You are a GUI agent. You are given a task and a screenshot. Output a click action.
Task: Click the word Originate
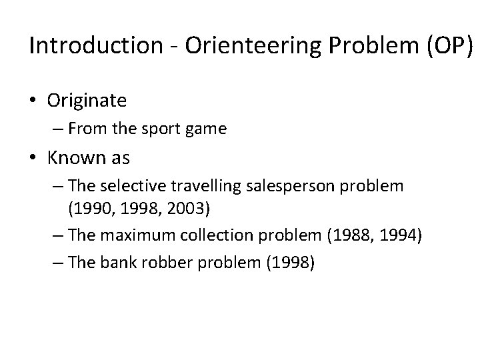[87, 101]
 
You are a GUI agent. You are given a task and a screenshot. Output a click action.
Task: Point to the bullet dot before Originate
[34, 101]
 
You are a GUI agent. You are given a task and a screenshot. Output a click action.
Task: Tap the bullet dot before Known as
[34, 159]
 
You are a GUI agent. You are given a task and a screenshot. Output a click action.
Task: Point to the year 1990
[90, 210]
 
